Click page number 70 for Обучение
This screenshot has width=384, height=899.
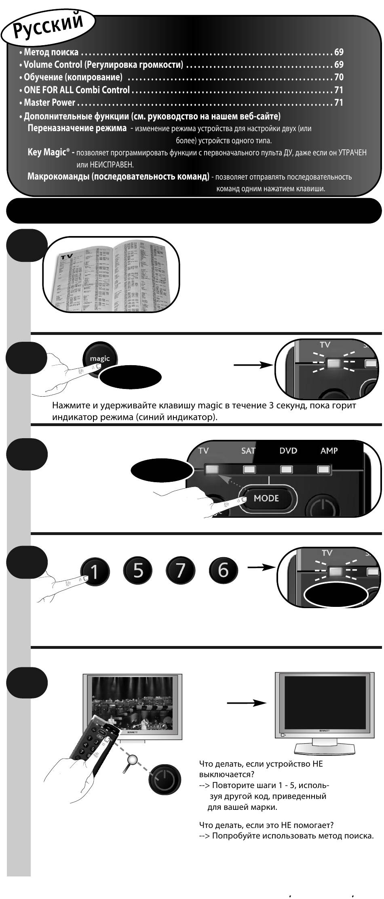click(x=338, y=77)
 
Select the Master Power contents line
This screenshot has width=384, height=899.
click(x=50, y=102)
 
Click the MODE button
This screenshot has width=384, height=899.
click(x=266, y=498)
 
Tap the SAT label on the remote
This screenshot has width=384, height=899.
click(x=248, y=451)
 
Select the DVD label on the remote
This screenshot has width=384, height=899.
click(x=288, y=451)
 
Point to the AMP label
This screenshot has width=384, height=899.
click(x=329, y=451)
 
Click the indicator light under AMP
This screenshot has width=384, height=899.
click(x=323, y=469)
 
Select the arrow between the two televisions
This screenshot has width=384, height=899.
click(x=246, y=703)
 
